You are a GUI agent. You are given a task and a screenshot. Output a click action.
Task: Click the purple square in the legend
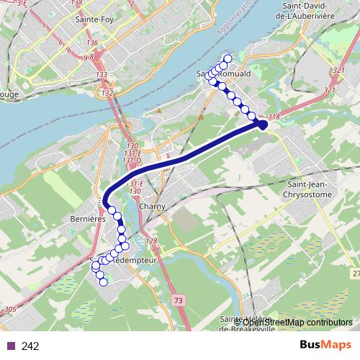(11, 346)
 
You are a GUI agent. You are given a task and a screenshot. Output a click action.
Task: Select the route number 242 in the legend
(30, 346)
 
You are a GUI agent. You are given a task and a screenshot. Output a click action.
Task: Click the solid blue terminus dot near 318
(263, 125)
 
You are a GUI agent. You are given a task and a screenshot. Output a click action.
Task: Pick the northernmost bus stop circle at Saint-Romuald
(228, 59)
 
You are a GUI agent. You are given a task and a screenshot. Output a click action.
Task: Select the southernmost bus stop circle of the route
(103, 282)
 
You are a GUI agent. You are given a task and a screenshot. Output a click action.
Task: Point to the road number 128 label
(150, 241)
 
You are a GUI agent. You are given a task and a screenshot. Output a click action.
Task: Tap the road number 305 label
(9, 309)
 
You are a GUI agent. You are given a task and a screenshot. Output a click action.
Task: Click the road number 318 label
(273, 116)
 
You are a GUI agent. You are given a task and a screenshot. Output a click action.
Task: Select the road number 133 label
(102, 75)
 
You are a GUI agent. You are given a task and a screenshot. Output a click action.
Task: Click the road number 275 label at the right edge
(356, 273)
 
